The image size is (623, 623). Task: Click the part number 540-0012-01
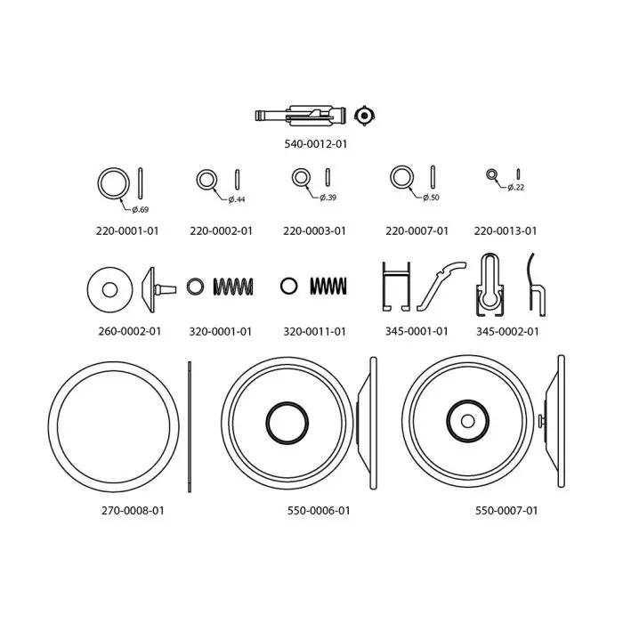[x=315, y=144]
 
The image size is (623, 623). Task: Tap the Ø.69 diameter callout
[x=141, y=209]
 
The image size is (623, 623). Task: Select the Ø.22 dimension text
[x=515, y=187]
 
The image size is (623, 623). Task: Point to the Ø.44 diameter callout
[x=237, y=199]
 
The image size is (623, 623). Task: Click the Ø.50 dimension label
[x=431, y=198]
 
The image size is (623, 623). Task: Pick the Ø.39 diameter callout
[x=328, y=198]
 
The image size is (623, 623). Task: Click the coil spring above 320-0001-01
[x=233, y=287]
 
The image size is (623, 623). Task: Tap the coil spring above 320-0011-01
[x=328, y=286]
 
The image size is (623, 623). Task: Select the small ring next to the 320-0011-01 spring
[x=289, y=286]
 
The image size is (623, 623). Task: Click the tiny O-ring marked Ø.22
[x=491, y=174]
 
